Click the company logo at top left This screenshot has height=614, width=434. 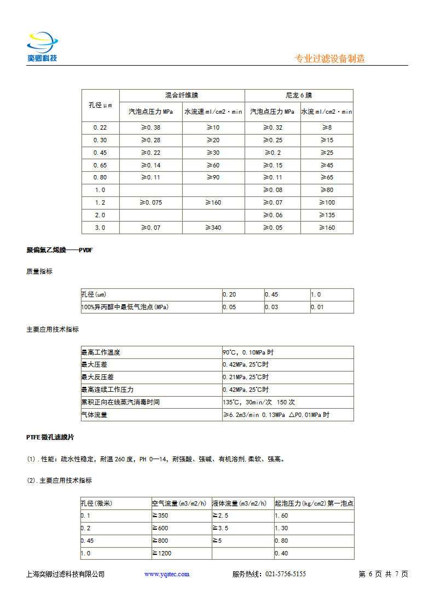43,48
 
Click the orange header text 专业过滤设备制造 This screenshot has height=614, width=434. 329,59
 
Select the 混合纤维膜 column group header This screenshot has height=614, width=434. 182,95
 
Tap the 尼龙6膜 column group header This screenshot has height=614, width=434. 299,95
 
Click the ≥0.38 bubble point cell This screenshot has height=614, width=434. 151,128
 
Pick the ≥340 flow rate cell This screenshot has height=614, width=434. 213,228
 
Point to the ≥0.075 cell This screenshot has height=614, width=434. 151,202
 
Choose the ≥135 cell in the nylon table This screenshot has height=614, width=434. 327,215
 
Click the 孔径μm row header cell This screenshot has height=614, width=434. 100,105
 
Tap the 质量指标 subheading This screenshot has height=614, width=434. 39,271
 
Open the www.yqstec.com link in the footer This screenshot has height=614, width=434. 167,574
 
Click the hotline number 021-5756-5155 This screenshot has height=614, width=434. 286,574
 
